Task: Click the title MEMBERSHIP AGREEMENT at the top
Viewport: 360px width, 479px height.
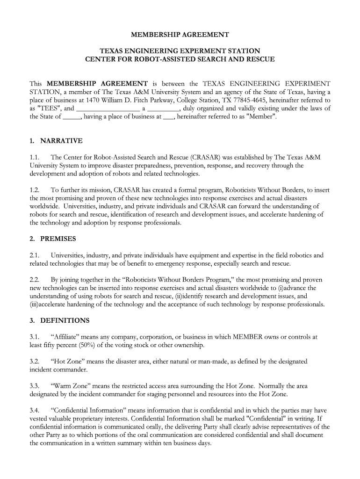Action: click(180, 35)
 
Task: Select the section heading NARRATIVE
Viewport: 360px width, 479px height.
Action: click(61, 140)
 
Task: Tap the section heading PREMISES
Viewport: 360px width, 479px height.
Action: click(58, 239)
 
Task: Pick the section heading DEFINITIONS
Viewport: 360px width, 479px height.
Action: click(65, 320)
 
